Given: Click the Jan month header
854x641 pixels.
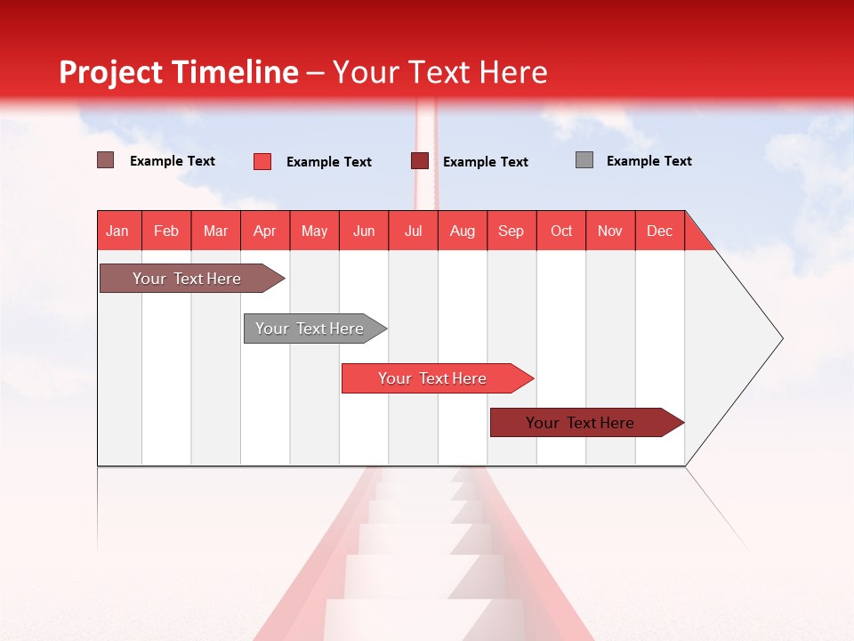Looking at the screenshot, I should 117,231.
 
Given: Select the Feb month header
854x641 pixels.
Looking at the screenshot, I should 166,231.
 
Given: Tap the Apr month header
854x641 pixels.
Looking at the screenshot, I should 264,231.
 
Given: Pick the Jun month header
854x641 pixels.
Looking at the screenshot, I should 364,231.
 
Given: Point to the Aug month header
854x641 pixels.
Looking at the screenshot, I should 462,231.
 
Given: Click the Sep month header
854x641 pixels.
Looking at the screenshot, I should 511,231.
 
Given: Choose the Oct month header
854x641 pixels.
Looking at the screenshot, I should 561,231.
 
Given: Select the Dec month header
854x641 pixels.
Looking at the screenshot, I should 659,231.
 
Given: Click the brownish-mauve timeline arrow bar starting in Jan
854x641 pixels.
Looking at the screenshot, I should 187,279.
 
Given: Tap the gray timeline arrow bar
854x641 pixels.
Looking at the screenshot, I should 310,329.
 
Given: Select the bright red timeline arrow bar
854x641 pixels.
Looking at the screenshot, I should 432,378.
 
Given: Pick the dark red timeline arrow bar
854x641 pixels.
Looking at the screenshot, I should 580,423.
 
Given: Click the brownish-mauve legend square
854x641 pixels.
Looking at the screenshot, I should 106,160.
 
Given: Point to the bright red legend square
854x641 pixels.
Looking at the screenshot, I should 262,161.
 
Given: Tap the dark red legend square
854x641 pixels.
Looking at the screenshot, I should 420,161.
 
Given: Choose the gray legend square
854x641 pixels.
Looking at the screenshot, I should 584,160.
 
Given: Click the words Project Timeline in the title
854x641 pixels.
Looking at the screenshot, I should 178,72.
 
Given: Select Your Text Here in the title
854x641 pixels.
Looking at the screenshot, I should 439,72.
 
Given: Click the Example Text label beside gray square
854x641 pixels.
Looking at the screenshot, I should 649,161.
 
